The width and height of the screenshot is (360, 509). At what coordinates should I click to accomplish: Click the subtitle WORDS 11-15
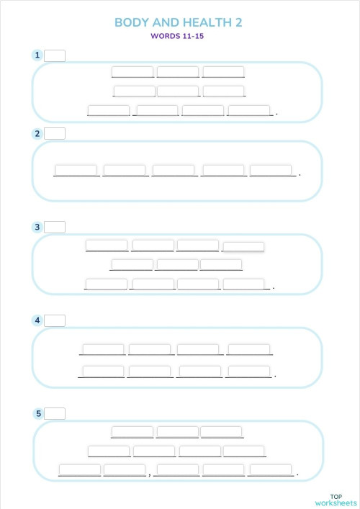coord(177,36)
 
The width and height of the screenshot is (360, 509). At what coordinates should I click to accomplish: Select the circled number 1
coord(37,55)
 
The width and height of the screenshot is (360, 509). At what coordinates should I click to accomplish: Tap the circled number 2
coord(37,133)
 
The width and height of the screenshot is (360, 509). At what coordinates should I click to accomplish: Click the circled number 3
coord(37,227)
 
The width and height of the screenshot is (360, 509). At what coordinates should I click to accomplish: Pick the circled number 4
coord(37,320)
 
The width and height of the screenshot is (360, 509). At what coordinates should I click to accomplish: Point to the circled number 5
coord(37,413)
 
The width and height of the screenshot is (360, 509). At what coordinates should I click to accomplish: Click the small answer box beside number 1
coord(55,55)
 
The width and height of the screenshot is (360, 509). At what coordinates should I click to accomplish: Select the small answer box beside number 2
coord(55,133)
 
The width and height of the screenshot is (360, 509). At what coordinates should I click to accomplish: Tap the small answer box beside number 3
coord(55,227)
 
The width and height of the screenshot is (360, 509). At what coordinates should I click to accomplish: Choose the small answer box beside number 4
coord(55,320)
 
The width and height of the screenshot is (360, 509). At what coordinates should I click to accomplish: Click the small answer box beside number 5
coord(55,413)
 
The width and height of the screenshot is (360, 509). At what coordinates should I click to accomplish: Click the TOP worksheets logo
coord(336,500)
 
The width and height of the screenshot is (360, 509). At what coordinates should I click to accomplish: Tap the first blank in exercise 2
coord(76,170)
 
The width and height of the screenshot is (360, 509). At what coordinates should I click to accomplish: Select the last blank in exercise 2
coord(271,170)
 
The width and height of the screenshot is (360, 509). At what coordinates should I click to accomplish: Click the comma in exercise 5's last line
coord(149,474)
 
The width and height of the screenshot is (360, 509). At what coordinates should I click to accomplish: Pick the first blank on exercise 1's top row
coord(132,71)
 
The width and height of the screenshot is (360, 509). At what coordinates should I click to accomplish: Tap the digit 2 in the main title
coord(238,22)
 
